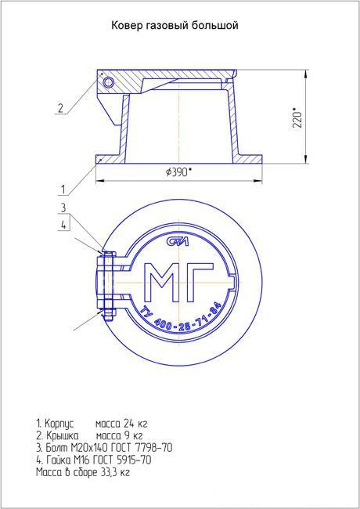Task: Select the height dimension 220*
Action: pos(297,120)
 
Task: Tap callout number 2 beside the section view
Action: pos(60,108)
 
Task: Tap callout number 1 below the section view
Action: pos(63,190)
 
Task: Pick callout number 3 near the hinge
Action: pos(63,208)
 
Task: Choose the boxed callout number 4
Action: pos(64,225)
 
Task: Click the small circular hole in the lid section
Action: pos(108,82)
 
